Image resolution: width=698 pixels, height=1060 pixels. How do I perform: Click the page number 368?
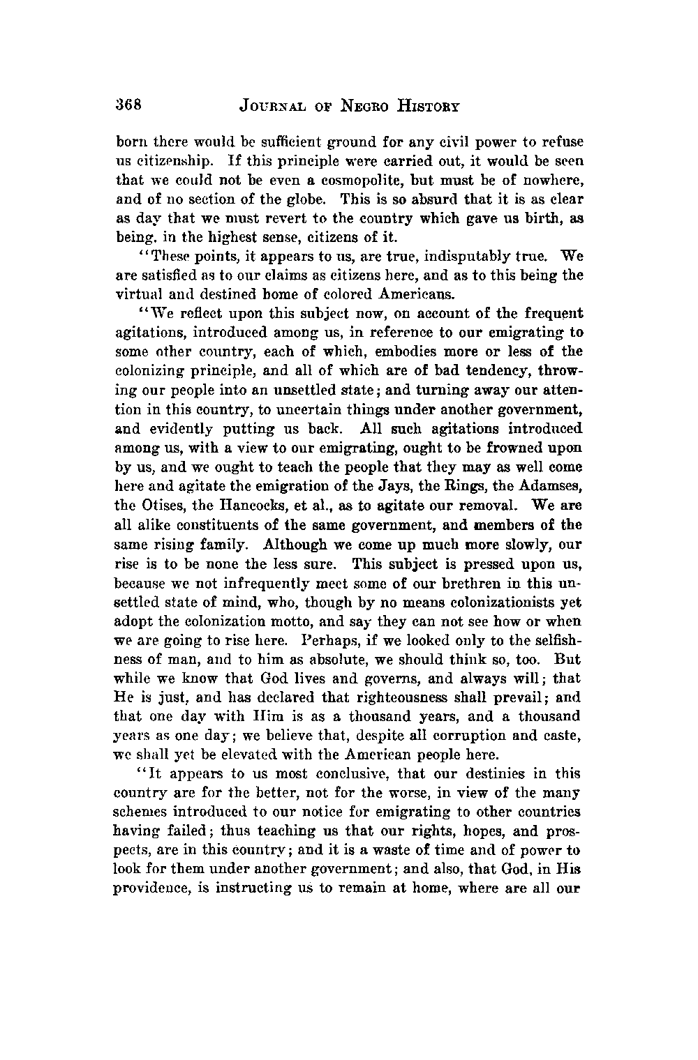(129, 105)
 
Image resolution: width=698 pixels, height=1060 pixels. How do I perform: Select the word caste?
(566, 735)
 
